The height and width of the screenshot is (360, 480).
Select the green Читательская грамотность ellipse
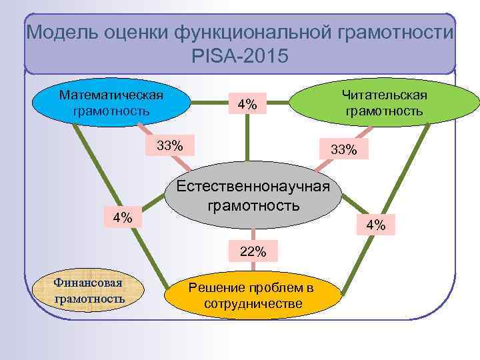point(383,103)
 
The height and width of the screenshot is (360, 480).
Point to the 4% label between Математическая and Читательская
point(247,104)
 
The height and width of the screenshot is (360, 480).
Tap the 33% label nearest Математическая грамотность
point(171,145)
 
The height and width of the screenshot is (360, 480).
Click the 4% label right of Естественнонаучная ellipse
point(375,225)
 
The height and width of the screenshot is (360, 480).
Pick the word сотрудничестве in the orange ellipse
point(253,305)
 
